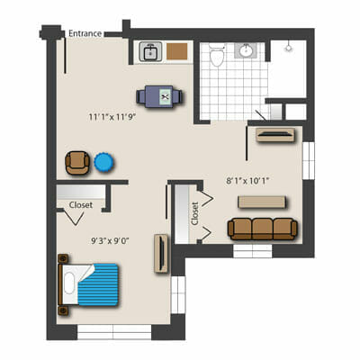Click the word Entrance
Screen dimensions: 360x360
pyautogui.click(x=85, y=33)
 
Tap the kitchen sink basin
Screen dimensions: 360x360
pyautogui.click(x=150, y=52)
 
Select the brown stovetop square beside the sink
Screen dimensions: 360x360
pyautogui.click(x=177, y=51)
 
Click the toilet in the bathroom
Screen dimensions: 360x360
pyautogui.click(x=217, y=55)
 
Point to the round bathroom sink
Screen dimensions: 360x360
pyautogui.click(x=246, y=50)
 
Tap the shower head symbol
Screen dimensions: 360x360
pyautogui.click(x=289, y=47)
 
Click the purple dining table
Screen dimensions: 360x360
pyautogui.click(x=159, y=96)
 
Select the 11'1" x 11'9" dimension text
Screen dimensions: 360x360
pyautogui.click(x=112, y=117)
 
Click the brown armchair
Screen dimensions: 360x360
pyautogui.click(x=77, y=163)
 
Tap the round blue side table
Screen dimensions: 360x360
pyautogui.click(x=103, y=163)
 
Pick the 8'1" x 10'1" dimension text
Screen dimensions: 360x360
pyautogui.click(x=247, y=181)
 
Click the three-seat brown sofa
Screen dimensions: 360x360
pyautogui.click(x=263, y=229)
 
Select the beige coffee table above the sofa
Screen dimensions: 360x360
pyautogui.click(x=261, y=202)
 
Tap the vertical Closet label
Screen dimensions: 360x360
pyautogui.click(x=195, y=213)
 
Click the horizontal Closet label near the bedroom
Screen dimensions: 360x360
pyautogui.click(x=81, y=205)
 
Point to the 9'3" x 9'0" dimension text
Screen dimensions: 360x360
pyautogui.click(x=110, y=241)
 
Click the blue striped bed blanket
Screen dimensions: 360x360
pyautogui.click(x=99, y=285)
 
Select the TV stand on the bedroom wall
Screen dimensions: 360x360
pyautogui.click(x=161, y=253)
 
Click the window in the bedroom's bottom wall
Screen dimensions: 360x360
pyautogui.click(x=114, y=332)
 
